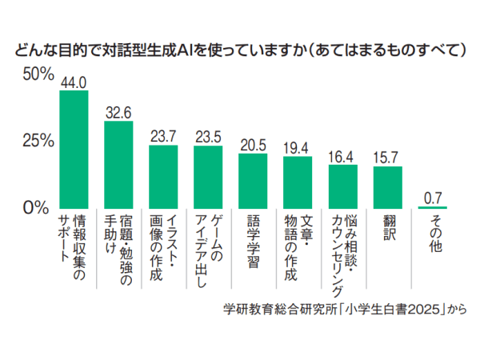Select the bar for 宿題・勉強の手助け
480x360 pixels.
point(118,164)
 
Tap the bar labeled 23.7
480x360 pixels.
point(163,176)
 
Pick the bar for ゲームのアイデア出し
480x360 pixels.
point(208,176)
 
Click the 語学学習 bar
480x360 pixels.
point(253,180)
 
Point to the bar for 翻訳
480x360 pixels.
point(387,186)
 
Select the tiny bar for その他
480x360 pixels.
point(432,206)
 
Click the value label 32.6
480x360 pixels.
point(118,113)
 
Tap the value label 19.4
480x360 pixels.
point(298,148)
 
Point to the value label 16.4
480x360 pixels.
point(342,156)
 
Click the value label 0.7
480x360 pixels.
point(432,197)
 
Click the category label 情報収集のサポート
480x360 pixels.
point(74,248)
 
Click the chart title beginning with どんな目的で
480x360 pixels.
point(240,50)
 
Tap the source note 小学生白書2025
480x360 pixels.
point(344,309)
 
